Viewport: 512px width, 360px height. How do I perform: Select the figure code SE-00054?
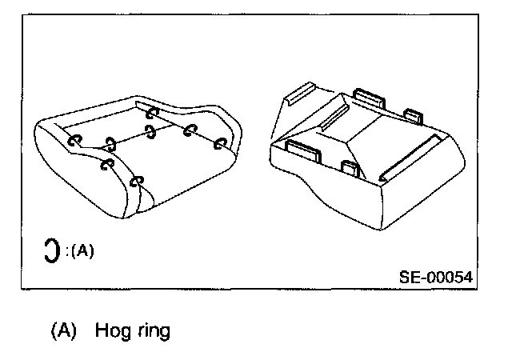pos(435,277)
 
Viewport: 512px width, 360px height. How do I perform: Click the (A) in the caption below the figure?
pos(62,330)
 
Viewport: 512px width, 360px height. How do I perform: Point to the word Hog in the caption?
pos(110,330)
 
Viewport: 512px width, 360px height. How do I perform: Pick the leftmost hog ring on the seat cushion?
pos(74,140)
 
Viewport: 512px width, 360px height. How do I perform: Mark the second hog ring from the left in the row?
pos(110,144)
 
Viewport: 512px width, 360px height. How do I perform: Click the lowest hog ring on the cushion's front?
pos(136,182)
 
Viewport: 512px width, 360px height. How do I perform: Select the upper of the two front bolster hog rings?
pos(106,166)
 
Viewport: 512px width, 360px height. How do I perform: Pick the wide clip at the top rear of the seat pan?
pos(370,99)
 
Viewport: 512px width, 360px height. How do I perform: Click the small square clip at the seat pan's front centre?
pos(350,168)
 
